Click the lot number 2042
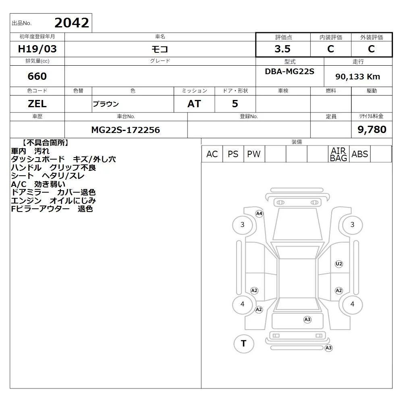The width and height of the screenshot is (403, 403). [72, 23]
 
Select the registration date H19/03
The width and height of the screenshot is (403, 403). [37, 49]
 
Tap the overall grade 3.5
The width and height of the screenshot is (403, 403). [283, 49]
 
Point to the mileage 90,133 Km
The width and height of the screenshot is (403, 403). [357, 77]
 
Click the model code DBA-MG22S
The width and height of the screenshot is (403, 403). [290, 71]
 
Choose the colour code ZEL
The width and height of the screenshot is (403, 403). [37, 104]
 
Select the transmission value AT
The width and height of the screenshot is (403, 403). [194, 104]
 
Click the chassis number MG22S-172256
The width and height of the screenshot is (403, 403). [126, 130]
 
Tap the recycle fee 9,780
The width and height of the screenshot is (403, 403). [372, 129]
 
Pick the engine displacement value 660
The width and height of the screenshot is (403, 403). [37, 76]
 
